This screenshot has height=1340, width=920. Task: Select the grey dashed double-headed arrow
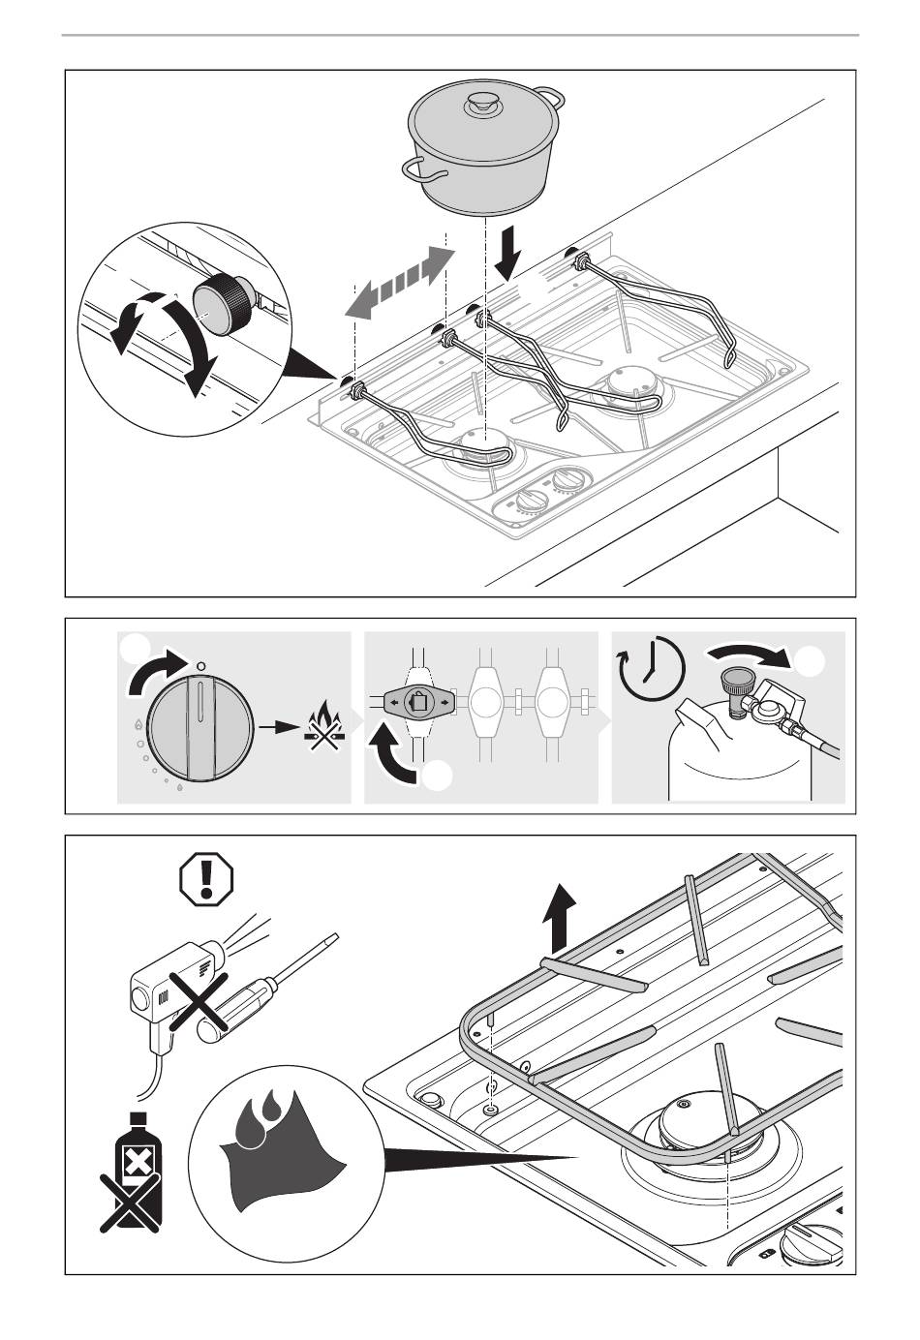coord(400,280)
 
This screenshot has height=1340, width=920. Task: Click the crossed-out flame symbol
coord(324,727)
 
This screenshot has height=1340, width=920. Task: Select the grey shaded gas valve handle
coord(417,702)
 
